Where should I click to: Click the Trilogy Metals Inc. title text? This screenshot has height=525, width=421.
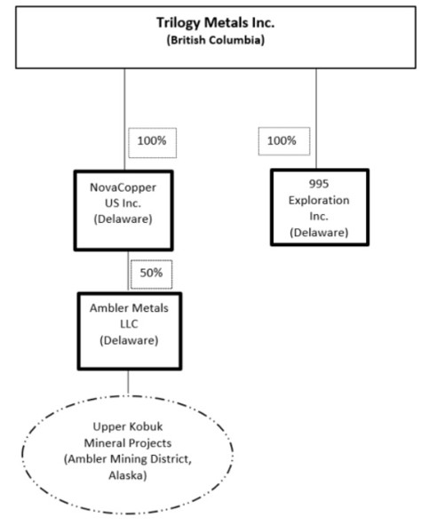pos(216,23)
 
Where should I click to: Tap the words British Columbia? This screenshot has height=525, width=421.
pos(216,40)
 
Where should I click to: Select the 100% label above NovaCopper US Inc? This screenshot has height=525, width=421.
pos(152,140)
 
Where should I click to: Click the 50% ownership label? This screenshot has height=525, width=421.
pos(151,273)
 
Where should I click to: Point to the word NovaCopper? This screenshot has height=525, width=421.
pos(123,187)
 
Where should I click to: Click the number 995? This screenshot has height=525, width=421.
pos(319,184)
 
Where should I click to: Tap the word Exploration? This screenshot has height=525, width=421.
pos(319,200)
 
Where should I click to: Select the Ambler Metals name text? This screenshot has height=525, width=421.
pos(129,308)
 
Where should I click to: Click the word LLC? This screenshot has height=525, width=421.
pos(129,324)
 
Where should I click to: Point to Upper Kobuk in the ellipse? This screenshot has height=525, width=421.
pos(128,426)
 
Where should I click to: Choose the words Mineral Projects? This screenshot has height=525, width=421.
pos(128,443)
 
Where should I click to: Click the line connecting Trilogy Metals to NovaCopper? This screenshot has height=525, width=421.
pos(125,119)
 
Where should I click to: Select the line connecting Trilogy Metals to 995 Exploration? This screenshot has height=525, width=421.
pos(316,118)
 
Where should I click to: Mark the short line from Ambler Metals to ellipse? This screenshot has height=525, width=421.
pos(128,382)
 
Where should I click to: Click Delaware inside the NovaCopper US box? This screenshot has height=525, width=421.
pos(123,219)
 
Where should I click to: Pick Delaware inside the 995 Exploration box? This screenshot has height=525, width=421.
pos(319,233)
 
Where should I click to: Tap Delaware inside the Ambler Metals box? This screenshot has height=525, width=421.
pos(129,340)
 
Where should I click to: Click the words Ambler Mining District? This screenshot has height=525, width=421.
pos(128,459)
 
